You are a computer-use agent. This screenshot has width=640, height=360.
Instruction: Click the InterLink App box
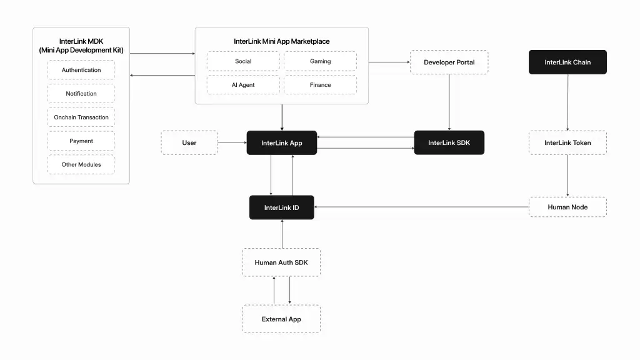point(281,142)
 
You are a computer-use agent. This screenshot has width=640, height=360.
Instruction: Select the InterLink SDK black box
point(449,142)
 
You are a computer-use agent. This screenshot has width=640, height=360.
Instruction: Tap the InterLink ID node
point(281,207)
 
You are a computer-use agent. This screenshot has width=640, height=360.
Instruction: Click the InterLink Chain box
point(567,62)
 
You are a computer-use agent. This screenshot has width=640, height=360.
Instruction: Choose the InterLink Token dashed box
point(567,142)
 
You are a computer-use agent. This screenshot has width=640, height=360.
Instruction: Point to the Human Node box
point(567,207)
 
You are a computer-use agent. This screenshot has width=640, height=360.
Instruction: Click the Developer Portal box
point(449,62)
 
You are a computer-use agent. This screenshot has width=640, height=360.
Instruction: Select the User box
point(189,142)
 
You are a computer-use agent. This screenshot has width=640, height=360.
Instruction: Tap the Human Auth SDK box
point(281,262)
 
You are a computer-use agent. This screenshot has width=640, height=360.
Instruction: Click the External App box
point(281,319)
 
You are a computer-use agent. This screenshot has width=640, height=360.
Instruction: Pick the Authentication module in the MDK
point(81,70)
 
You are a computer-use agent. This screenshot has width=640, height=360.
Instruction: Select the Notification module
point(81,94)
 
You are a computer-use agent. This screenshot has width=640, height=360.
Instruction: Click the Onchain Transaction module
point(81,117)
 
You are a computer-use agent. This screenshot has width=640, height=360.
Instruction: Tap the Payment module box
point(81,141)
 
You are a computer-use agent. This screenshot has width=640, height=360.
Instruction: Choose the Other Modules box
point(81,164)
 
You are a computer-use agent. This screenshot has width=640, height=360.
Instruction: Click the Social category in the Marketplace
point(243,61)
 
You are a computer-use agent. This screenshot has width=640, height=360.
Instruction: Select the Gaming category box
point(320,61)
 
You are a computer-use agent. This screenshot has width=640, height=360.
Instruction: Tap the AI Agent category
point(243,85)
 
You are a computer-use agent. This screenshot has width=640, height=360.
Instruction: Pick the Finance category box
point(320,85)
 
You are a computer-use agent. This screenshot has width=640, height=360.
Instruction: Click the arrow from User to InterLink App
point(232,142)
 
